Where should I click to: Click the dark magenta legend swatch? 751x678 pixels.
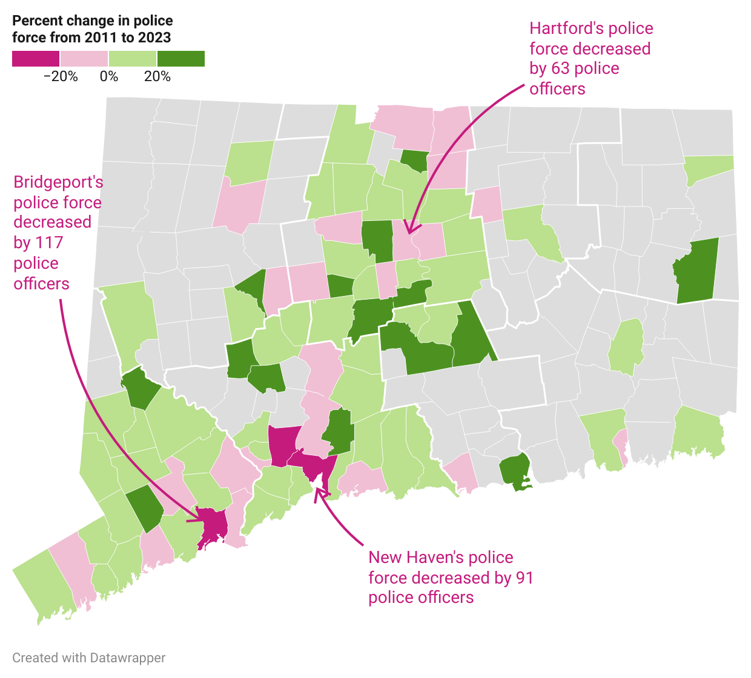point(36,59)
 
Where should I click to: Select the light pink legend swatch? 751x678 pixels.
point(84,59)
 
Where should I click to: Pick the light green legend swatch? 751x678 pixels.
point(133,59)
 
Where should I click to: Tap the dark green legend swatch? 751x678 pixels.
point(181,59)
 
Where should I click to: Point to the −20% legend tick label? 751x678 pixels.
point(61,77)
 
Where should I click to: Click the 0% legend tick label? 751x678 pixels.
point(109,77)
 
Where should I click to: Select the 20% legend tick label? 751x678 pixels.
point(157,77)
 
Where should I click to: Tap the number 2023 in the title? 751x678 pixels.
point(154,38)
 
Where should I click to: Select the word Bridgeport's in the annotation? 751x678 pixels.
point(58,182)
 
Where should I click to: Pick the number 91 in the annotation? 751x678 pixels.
point(524,578)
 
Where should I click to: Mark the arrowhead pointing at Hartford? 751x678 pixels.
point(409,231)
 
